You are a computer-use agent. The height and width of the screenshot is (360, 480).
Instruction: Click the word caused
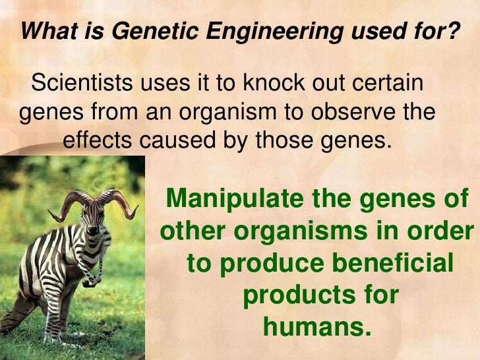click(175, 141)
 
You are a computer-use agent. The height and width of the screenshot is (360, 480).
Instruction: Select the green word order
click(442, 231)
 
